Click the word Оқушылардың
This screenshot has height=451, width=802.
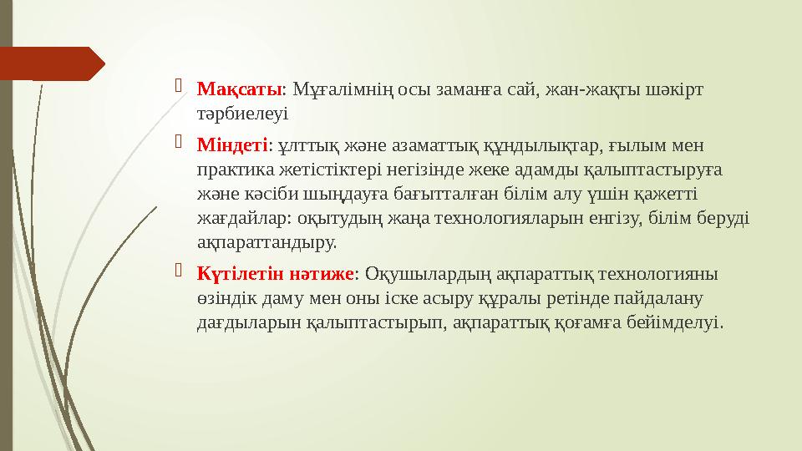pos(429,273)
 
